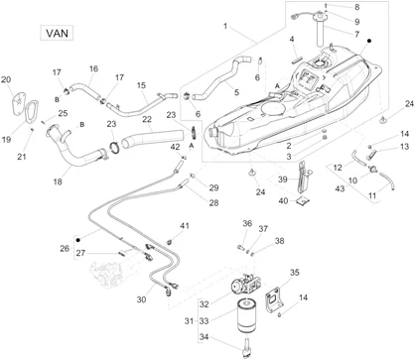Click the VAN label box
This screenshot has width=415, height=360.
coord(57,33)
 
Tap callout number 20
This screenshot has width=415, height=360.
coord(6,79)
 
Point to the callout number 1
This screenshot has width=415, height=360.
coord(225,26)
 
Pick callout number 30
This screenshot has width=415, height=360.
coord(141,300)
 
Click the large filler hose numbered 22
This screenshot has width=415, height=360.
coord(153,138)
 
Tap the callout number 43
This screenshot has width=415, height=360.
coord(340,188)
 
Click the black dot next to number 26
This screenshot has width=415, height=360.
coord(78,240)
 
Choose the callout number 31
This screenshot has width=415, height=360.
coord(189,320)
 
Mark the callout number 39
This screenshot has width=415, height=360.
coord(283,180)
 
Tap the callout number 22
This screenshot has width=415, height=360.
coord(147,119)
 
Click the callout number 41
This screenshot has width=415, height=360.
coord(185,226)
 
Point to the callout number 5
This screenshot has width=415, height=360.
coord(236,92)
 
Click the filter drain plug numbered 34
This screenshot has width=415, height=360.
coord(247,346)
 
